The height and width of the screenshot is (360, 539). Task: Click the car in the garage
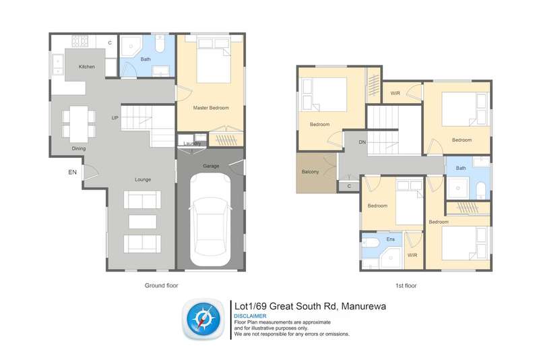tap(210, 219)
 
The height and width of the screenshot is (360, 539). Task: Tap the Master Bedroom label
tap(211, 108)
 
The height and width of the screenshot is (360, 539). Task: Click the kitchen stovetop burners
tap(80, 41)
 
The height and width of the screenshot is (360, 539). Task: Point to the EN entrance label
tap(72, 173)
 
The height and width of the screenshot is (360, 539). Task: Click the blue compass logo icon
tap(203, 319)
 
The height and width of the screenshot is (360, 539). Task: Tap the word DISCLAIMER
tap(250, 316)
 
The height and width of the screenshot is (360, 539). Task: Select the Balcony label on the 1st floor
tap(310, 172)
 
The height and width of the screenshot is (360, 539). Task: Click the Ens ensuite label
tap(391, 239)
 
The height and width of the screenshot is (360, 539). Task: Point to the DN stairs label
tap(362, 142)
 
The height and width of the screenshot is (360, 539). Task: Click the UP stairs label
tap(115, 118)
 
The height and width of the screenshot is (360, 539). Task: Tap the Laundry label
tap(192, 144)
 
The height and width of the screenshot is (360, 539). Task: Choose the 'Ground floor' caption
tap(161, 285)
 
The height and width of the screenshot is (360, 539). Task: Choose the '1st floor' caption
tap(406, 286)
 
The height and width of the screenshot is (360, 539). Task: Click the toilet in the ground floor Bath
tap(160, 44)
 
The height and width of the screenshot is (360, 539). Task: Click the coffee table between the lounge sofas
tap(143, 222)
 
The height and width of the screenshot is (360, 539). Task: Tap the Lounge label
tap(143, 179)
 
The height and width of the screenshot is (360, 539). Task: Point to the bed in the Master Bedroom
tap(214, 61)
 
